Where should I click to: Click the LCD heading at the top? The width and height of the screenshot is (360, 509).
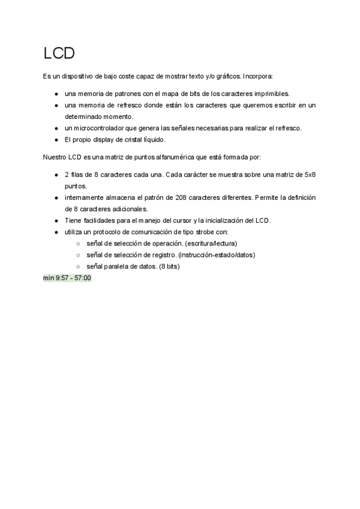pos(59,53)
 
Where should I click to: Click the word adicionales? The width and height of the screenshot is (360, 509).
pos(129,209)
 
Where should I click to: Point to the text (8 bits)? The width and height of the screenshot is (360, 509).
pos(169,266)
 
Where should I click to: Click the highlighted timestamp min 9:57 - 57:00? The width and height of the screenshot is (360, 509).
pos(67,278)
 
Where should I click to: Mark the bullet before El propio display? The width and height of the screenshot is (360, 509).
pos(56,140)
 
